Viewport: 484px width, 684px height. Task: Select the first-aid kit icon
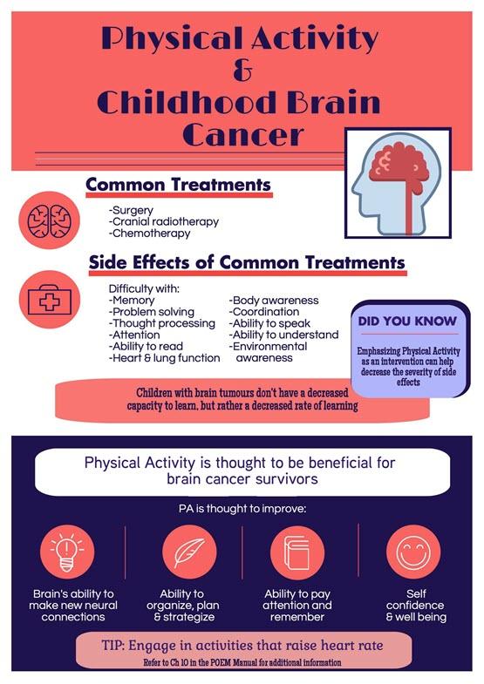[48, 299]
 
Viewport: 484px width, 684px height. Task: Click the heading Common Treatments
[178, 185]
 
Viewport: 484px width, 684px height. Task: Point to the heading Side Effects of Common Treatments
[247, 261]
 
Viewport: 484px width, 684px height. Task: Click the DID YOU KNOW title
[407, 321]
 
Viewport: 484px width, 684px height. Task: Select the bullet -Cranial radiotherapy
[164, 221]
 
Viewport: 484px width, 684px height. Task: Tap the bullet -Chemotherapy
[149, 233]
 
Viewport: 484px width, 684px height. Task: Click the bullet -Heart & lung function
[164, 357]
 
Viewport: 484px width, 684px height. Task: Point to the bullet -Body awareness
[274, 301]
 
